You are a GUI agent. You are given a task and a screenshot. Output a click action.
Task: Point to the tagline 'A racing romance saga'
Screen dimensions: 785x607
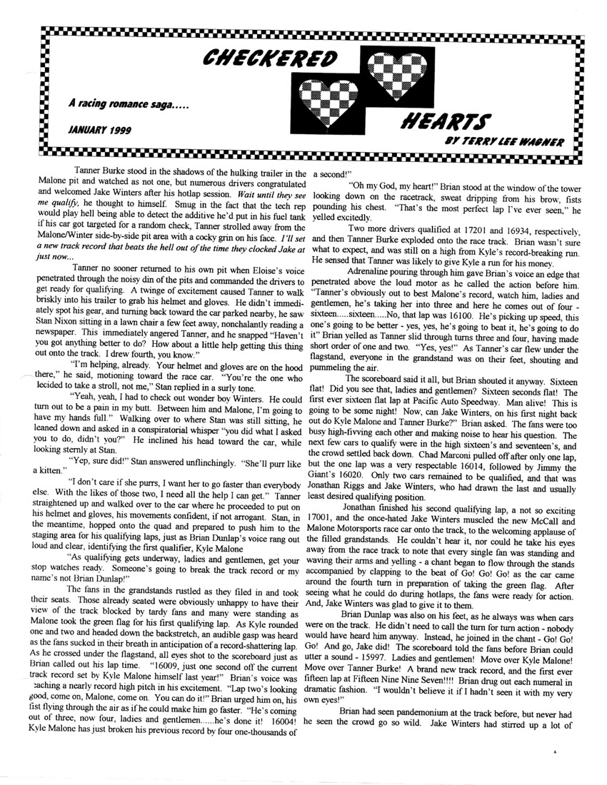(x=129, y=105)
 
